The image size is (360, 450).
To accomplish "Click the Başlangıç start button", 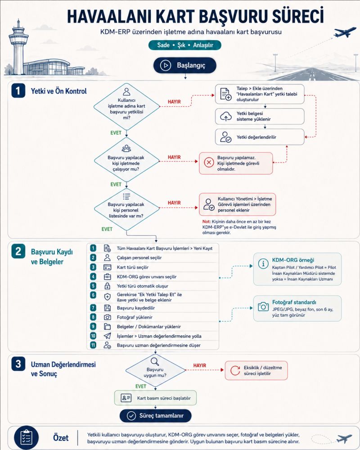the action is [185, 65].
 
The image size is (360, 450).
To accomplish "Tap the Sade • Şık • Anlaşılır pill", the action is [185, 45].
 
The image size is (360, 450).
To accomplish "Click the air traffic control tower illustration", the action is [18, 47].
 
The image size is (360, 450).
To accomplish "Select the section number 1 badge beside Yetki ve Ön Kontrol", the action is [18, 91].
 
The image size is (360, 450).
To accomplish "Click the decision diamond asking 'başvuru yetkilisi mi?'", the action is [126, 106].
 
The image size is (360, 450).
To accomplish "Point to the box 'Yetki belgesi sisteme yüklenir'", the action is [260, 116].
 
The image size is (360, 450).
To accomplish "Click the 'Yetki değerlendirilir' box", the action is [260, 137].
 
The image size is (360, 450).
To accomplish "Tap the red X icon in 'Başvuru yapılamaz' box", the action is [209, 163].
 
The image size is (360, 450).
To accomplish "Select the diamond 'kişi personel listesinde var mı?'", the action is [126, 209].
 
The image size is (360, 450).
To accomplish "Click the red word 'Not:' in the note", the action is [207, 222].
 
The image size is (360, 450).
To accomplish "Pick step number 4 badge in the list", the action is [93, 277].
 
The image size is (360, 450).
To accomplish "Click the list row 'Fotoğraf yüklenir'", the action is [153, 317].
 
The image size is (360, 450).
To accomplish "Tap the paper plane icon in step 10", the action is [107, 336].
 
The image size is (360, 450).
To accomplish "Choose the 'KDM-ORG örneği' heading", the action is [293, 260].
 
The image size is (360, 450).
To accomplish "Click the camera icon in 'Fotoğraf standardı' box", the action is [263, 306].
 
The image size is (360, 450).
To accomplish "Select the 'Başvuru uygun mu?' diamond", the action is [155, 370].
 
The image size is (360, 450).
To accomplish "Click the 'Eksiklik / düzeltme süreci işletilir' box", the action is [256, 371].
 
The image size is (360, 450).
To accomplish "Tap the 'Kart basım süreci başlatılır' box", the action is [155, 398].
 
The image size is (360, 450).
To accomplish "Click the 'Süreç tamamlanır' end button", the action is [155, 416].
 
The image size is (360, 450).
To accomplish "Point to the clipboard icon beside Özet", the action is [27, 438].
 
